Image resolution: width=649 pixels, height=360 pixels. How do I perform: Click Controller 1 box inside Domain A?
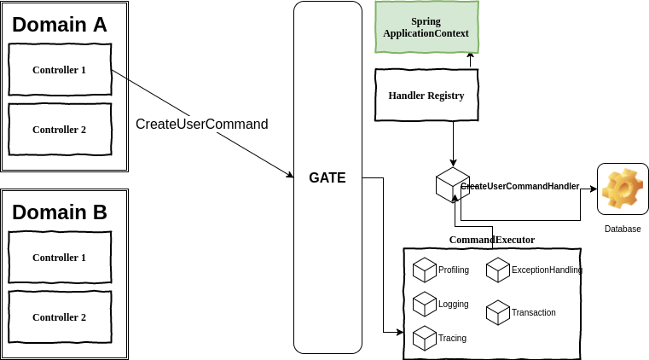point(60,69)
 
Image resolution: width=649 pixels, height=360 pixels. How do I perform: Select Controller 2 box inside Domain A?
point(60,130)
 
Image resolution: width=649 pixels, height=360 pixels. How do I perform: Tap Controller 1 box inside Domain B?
point(60,257)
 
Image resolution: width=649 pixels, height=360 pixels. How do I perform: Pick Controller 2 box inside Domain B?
point(60,316)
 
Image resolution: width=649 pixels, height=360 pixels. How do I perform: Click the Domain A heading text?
point(60,25)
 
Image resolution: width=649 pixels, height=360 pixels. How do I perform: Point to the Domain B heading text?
point(60,212)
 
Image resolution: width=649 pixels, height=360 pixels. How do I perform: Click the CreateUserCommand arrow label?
point(202,124)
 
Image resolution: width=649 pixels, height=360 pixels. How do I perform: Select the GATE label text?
point(327,178)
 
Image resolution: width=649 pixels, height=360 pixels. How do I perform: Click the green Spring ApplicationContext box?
point(426,26)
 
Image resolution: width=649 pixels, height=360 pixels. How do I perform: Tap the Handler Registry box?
point(426,96)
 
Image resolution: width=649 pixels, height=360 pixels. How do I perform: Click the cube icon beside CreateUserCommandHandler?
point(452,185)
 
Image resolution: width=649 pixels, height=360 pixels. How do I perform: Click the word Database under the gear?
point(623,229)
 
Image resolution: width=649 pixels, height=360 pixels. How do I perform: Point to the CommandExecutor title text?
point(492,240)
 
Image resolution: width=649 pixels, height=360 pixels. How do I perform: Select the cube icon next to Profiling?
point(425,270)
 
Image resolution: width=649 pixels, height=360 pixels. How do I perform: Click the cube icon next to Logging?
point(425,304)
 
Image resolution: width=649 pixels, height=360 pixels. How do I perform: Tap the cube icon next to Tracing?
point(425,338)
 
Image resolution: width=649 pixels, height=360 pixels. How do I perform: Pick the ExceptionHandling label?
point(547,270)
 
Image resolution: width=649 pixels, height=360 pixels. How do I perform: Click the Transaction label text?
point(534,312)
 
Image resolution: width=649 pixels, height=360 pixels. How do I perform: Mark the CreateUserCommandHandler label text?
point(520,186)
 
